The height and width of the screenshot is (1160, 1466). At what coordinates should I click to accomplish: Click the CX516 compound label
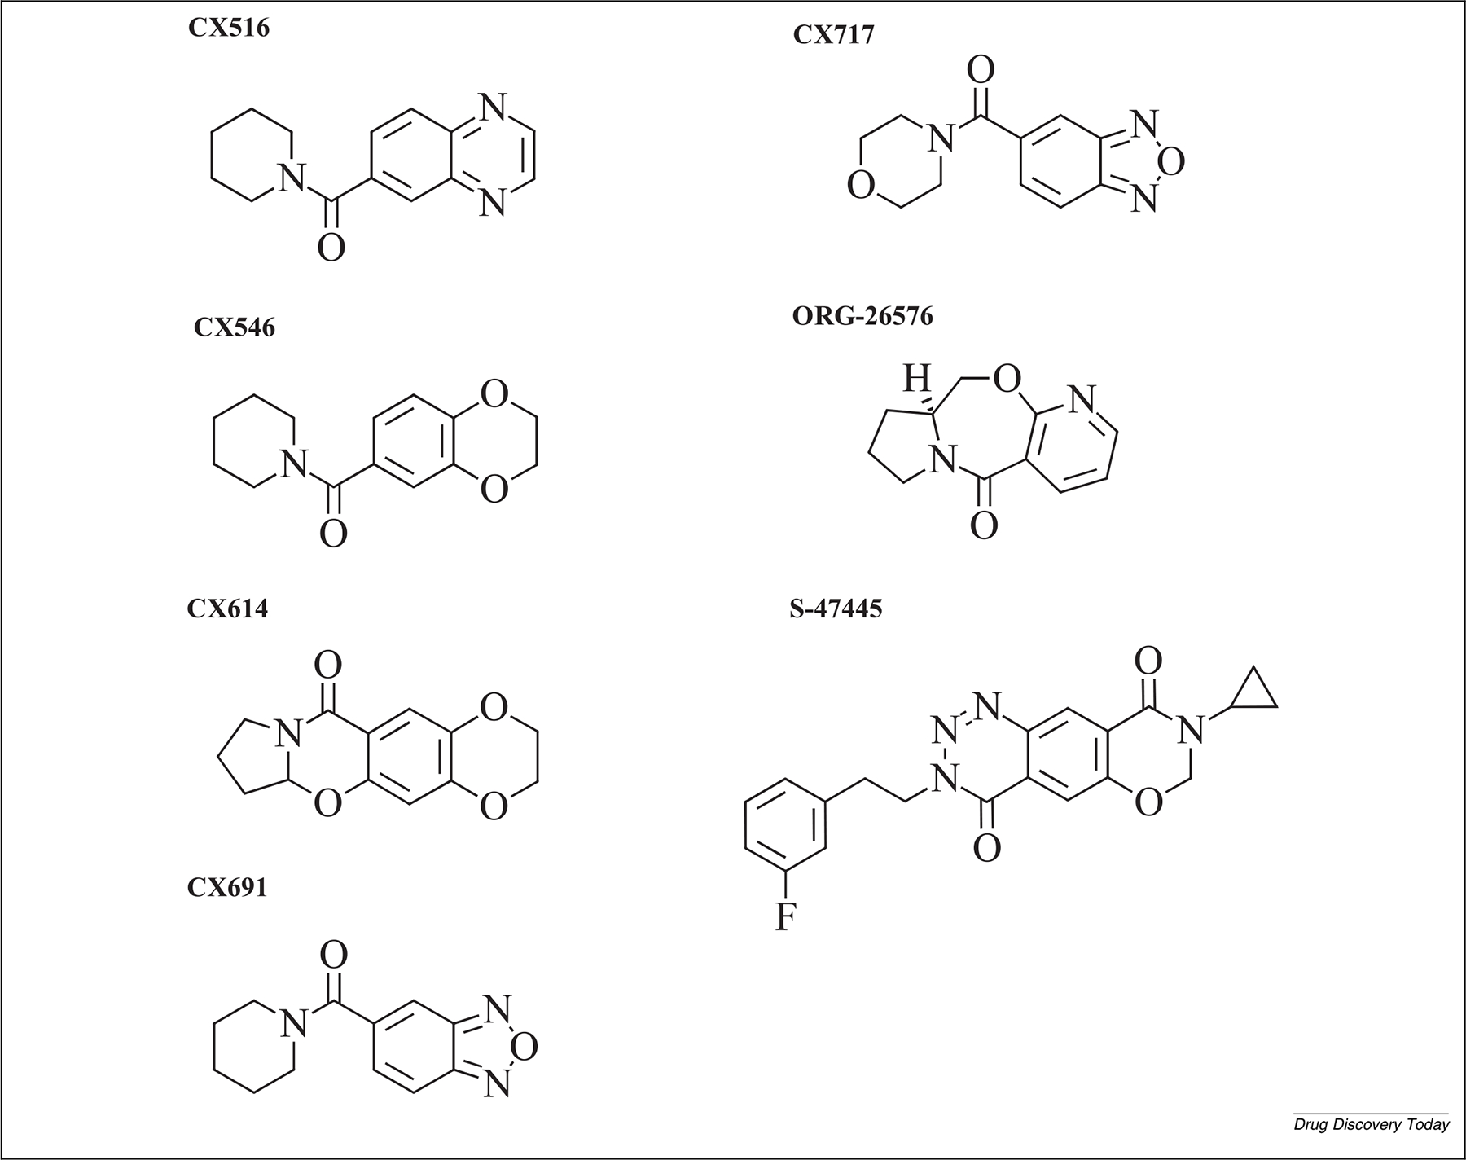228,29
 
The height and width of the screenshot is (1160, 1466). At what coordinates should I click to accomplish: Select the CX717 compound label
833,36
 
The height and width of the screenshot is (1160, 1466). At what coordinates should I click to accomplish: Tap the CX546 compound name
234,327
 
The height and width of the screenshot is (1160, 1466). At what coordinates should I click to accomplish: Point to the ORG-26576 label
862,316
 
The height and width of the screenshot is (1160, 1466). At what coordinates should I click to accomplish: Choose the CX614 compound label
227,609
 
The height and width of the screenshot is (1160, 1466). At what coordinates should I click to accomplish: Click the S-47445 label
836,609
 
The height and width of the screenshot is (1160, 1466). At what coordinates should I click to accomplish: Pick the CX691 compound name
227,887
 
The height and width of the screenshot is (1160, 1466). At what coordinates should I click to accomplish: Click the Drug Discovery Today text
1372,1125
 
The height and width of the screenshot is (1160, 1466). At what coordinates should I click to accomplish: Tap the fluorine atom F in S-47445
784,918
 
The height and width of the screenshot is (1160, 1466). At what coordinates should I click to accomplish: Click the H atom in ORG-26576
917,378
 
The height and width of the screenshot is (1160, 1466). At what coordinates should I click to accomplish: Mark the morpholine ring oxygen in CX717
860,185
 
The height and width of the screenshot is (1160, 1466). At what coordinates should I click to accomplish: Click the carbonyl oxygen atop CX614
327,666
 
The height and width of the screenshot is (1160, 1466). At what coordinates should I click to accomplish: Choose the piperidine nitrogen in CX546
293,464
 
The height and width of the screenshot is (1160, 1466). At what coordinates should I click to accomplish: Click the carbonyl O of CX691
333,954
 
